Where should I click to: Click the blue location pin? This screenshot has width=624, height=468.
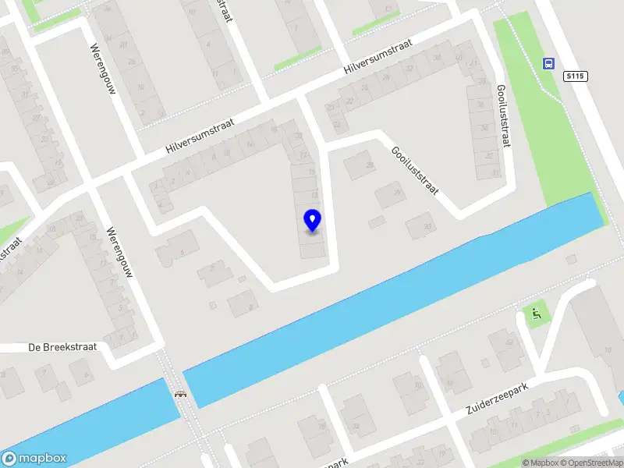(312, 220)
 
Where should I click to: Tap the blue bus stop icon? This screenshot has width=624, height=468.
(549, 63)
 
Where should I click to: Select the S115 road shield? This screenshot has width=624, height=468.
(576, 76)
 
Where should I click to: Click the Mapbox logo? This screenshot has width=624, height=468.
(34, 459)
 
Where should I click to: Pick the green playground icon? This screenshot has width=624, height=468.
(536, 315)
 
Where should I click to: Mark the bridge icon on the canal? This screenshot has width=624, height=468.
(181, 394)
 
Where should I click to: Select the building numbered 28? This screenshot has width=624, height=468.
(360, 165)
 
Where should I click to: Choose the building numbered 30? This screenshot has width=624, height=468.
(420, 225)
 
